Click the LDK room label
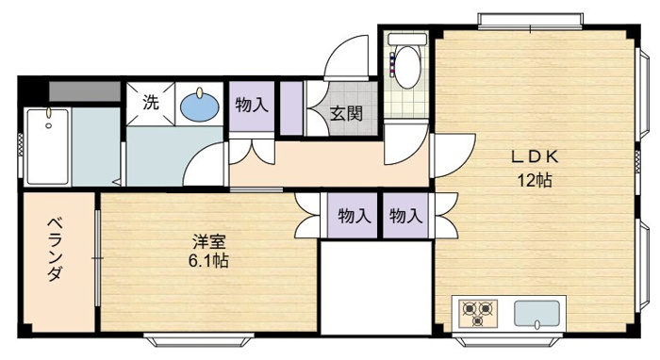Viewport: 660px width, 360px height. pyautogui.click(x=535, y=156)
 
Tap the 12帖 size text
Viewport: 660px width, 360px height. pyautogui.click(x=535, y=180)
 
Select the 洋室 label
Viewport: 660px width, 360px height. pyautogui.click(x=209, y=242)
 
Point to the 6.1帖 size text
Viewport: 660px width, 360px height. pyautogui.click(x=208, y=261)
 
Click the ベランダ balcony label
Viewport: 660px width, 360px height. pyautogui.click(x=55, y=250)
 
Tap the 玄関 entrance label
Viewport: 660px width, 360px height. pyautogui.click(x=346, y=113)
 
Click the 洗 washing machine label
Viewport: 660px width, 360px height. pyautogui.click(x=151, y=102)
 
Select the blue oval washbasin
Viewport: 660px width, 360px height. pyautogui.click(x=200, y=106)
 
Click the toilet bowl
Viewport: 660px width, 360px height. pyautogui.click(x=407, y=67)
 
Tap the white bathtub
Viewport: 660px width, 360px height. pyautogui.click(x=47, y=146)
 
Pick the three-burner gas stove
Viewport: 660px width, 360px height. pyautogui.click(x=477, y=313)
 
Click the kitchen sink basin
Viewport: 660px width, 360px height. pyautogui.click(x=536, y=313)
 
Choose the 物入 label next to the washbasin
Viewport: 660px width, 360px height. pyautogui.click(x=252, y=105)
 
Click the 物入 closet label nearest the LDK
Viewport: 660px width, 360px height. pyautogui.click(x=405, y=216)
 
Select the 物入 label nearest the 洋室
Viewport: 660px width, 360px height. pyautogui.click(x=355, y=216)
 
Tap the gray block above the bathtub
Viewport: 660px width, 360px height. pyautogui.click(x=85, y=91)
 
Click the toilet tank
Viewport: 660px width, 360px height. pyautogui.click(x=407, y=40)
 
